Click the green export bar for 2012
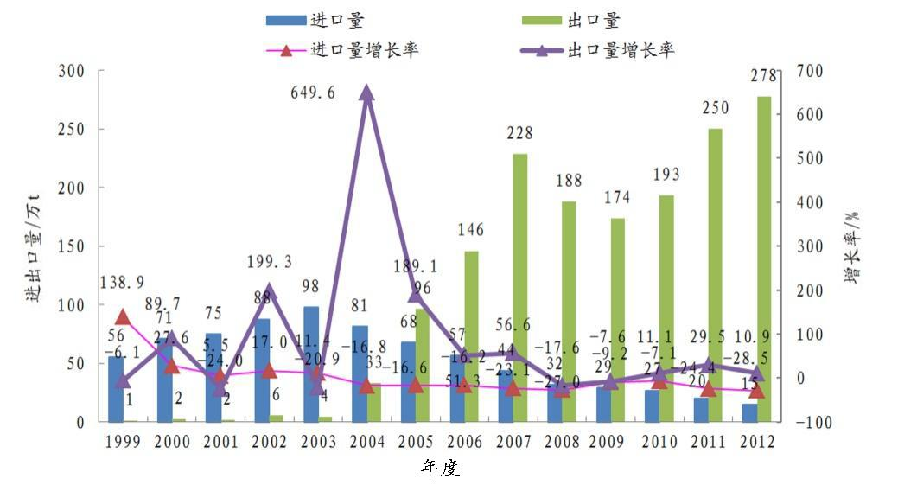tap(763, 259)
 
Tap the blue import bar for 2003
tap(311, 363)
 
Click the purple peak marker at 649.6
tap(366, 93)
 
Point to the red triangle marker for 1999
tap(122, 317)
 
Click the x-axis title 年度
tap(440, 469)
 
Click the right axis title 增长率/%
tap(852, 247)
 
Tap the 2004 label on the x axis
tap(366, 441)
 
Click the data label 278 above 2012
tap(764, 75)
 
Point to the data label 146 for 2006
tap(470, 230)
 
